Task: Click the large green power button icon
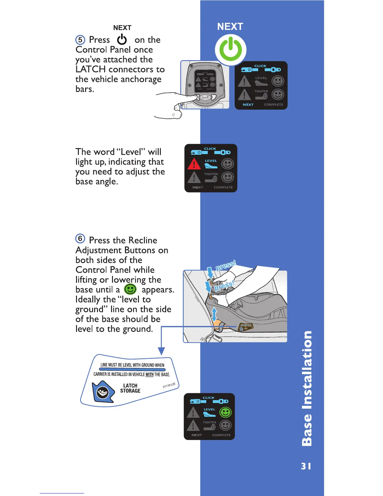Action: [x=231, y=50]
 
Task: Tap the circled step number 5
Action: [x=80, y=40]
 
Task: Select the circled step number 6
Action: [x=80, y=239]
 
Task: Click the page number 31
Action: [x=306, y=466]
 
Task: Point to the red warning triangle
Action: [x=194, y=164]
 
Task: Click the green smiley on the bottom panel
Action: [x=226, y=412]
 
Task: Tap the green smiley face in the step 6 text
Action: [x=130, y=289]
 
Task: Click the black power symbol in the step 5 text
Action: [x=122, y=40]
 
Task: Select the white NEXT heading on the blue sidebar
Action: [x=230, y=27]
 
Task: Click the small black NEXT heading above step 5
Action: [x=122, y=28]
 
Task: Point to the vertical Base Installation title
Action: [x=307, y=388]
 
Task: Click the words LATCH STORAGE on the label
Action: [x=130, y=388]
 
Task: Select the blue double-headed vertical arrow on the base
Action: [x=214, y=314]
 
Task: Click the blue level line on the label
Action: [x=132, y=369]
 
